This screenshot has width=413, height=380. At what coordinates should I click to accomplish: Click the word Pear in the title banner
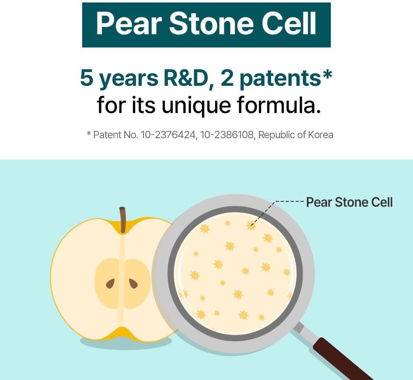click(x=129, y=24)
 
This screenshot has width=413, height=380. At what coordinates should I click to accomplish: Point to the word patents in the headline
click(x=280, y=79)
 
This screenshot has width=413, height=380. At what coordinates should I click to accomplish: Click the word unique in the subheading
click(x=196, y=106)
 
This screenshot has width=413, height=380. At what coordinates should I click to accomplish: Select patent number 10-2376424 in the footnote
click(x=169, y=135)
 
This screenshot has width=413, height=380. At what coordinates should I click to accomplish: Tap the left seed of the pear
click(x=110, y=283)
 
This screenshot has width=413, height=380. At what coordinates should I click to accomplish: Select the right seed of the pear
click(x=133, y=283)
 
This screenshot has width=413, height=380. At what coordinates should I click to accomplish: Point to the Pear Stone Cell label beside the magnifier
click(x=349, y=202)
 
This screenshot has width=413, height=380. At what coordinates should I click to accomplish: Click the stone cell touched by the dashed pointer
click(x=251, y=226)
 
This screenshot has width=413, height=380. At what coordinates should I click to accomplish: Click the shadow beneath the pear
click(x=126, y=343)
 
